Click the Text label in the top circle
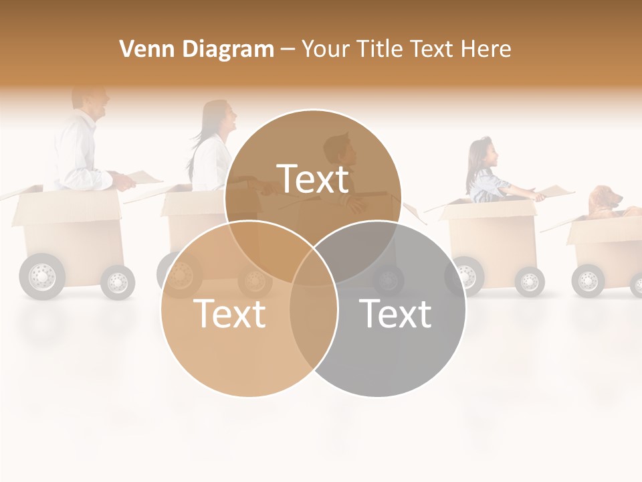point(313,179)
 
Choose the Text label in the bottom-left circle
point(229,313)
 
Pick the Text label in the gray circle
point(395,313)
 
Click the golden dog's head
point(606,198)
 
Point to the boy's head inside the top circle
point(340,153)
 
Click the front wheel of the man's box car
point(118,281)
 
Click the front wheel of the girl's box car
point(530,281)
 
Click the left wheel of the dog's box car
point(588,280)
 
